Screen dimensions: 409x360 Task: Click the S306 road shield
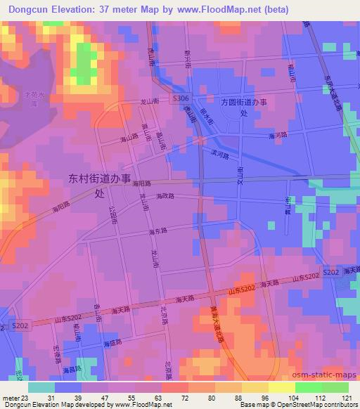click(x=181, y=100)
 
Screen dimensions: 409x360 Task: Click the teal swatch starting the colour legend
click(x=41, y=387)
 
